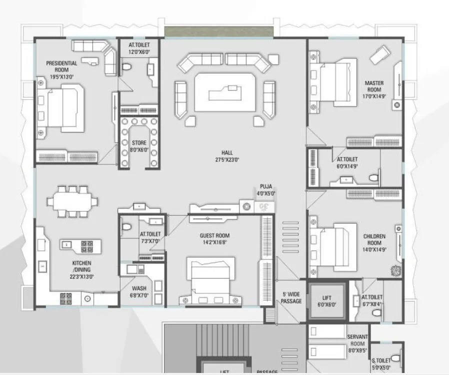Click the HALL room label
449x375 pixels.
tap(227, 153)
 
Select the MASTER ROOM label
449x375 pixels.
tap(373, 86)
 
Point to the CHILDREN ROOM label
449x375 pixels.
tap(374, 239)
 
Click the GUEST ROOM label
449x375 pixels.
tap(214, 235)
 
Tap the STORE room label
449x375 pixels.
tap(139, 143)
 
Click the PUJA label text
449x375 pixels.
tap(266, 186)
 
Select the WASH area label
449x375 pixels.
tap(139, 288)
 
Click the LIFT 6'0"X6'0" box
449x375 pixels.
tap(326, 300)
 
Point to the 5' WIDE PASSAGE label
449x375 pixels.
tap(291, 297)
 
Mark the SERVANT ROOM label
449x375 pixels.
tap(357, 340)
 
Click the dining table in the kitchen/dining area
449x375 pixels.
tap(72, 201)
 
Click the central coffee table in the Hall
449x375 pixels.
tap(224, 92)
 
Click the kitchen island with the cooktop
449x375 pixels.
tap(80, 245)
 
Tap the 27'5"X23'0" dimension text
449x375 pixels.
tap(227, 160)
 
